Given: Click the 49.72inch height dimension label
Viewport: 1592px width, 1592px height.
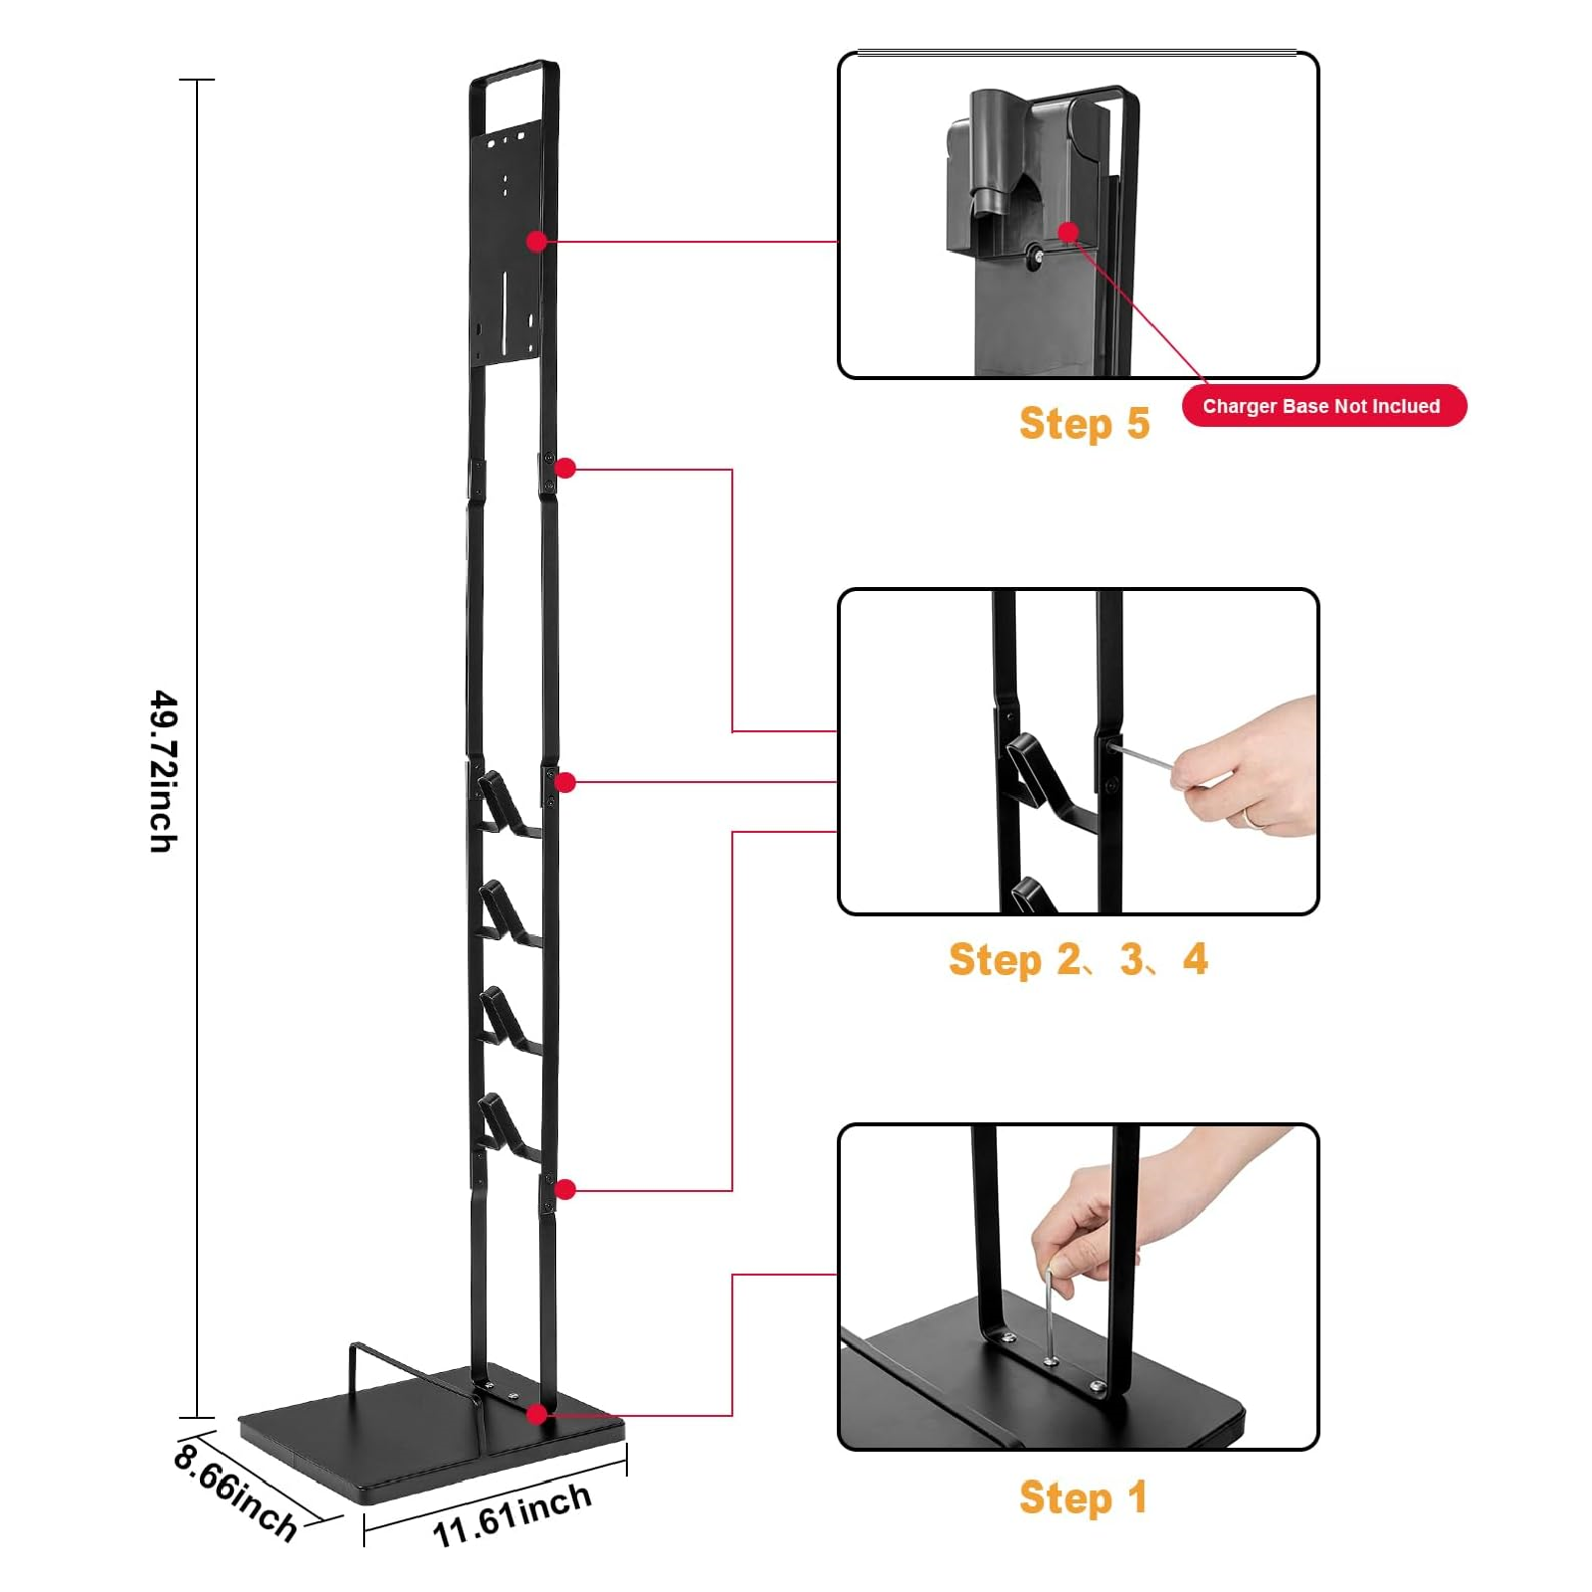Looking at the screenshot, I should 163,771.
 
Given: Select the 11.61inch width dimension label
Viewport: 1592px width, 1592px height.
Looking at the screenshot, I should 511,1515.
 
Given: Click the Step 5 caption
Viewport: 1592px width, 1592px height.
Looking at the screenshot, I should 1085,424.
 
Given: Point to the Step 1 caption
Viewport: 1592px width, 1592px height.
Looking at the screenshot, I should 1083,1497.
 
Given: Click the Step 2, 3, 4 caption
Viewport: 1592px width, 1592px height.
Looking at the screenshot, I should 1078,960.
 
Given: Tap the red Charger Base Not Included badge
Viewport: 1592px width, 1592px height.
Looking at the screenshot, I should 1323,406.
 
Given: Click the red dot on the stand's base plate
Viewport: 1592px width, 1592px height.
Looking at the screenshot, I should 537,1414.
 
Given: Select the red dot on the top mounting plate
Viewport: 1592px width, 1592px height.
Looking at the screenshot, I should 537,241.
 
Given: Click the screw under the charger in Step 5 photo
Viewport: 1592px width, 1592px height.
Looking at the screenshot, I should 1036,257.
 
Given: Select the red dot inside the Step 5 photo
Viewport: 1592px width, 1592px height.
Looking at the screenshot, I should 1069,232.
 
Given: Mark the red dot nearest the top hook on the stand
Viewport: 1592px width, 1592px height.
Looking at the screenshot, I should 565,783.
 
